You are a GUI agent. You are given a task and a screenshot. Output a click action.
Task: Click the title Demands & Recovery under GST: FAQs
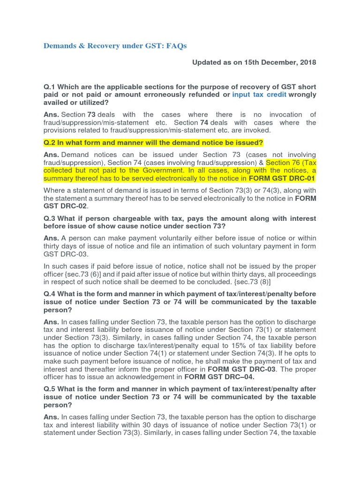click(x=115, y=46)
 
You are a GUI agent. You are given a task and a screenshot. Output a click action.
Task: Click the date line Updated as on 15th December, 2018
click(x=254, y=62)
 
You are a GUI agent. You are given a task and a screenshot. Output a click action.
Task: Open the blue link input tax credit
click(x=259, y=95)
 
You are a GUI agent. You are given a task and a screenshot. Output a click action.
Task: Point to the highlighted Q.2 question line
click(x=153, y=142)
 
